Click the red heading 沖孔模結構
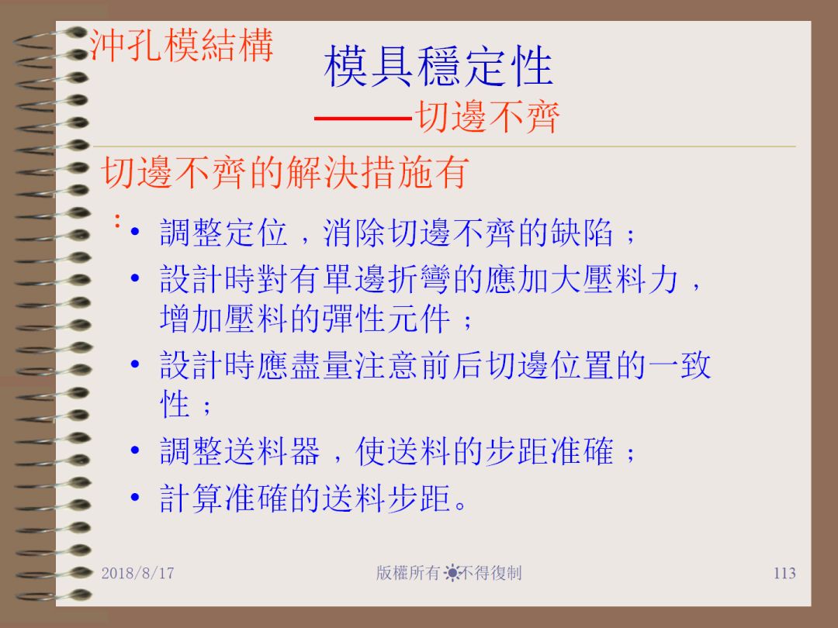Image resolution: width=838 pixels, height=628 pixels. point(182,46)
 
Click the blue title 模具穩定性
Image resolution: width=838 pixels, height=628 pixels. point(438,66)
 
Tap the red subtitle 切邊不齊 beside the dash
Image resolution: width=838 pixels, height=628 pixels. point(488,116)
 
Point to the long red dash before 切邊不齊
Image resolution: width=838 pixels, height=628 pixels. point(364,118)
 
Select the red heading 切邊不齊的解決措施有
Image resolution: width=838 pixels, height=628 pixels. point(285,172)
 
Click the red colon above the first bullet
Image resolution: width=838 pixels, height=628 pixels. point(117,220)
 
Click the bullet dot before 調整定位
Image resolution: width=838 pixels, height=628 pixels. point(135,232)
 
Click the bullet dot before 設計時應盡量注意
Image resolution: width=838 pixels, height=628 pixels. point(135,364)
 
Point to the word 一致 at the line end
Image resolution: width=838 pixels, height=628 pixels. point(680,365)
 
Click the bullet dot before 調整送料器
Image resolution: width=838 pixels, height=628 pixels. point(135,450)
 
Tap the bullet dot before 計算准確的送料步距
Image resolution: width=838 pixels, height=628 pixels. point(135,497)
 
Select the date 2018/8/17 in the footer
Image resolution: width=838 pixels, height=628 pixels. point(138,573)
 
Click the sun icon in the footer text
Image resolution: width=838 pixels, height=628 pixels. point(452,573)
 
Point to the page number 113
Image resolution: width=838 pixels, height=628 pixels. point(784,573)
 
